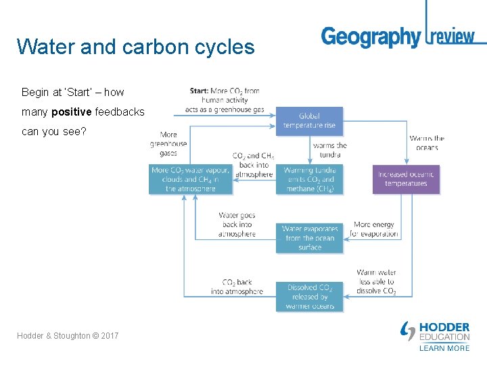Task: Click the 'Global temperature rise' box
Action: point(309,121)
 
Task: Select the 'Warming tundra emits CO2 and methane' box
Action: point(309,180)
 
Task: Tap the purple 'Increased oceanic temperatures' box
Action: point(406,179)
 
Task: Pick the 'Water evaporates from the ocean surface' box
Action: point(309,238)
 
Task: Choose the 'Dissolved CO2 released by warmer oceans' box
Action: point(309,297)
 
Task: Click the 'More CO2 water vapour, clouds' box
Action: point(190,180)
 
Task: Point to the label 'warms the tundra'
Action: point(330,150)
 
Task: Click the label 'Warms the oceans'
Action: point(427,143)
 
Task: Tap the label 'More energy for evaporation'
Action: point(374,229)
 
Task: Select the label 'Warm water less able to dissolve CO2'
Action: point(376,282)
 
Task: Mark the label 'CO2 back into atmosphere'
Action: point(237,287)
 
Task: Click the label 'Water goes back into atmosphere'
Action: point(237,224)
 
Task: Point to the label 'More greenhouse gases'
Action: point(168,143)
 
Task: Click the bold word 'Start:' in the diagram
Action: point(199,91)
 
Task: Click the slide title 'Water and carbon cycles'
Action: point(135,47)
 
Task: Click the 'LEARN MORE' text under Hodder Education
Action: point(444,348)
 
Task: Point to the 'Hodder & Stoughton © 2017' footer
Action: point(68,335)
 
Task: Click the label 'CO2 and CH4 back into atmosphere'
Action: point(253,165)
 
